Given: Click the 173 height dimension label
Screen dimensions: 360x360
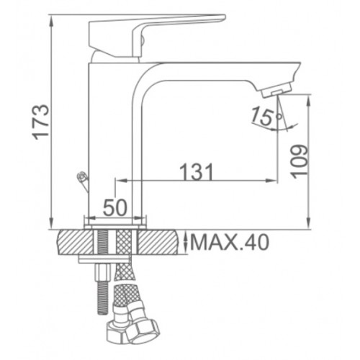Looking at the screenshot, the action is [41, 122].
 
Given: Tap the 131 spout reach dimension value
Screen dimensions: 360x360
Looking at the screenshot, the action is [197, 171].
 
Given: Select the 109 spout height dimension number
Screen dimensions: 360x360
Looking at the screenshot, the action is [299, 161].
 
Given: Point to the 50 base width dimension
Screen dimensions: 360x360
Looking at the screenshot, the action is [114, 207].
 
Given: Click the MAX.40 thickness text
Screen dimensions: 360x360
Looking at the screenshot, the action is [230, 243].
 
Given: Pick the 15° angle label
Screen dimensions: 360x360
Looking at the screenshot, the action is [266, 117].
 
